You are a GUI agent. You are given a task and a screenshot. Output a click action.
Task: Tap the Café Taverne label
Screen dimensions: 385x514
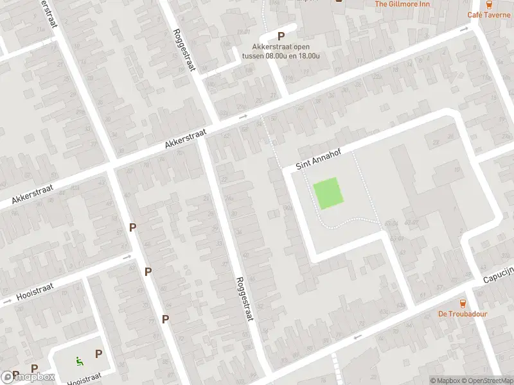pyautogui.click(x=489, y=14)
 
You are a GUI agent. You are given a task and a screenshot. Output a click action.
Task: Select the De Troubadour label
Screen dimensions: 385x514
pyautogui.click(x=462, y=314)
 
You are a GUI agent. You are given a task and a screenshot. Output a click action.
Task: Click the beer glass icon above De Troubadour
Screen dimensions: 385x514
pyautogui.click(x=462, y=303)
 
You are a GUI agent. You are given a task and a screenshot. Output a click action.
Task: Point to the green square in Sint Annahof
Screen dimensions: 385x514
pyautogui.click(x=328, y=193)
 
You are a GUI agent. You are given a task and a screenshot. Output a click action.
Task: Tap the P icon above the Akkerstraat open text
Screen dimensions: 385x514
pyautogui.click(x=281, y=37)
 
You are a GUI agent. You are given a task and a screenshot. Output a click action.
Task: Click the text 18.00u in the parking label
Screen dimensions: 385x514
pyautogui.click(x=308, y=55)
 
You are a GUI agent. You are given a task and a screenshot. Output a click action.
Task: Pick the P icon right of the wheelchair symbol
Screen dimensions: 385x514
pyautogui.click(x=98, y=354)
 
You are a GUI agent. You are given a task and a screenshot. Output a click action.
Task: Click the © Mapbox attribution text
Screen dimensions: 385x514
pyautogui.click(x=445, y=381)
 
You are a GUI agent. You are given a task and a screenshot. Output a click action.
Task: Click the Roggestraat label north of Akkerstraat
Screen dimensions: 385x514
pyautogui.click(x=183, y=50)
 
